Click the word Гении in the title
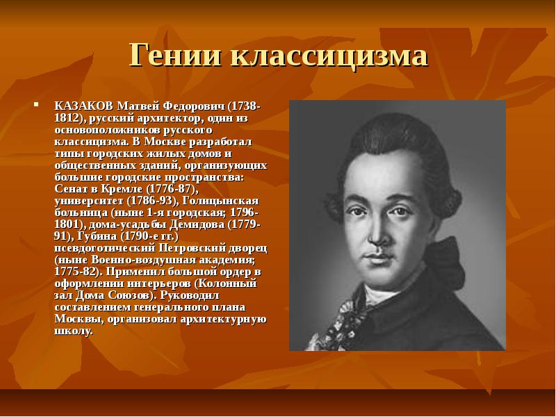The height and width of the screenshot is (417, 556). click(x=175, y=55)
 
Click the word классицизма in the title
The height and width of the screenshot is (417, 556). click(x=329, y=56)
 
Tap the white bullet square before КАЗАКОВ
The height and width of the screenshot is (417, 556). click(x=36, y=104)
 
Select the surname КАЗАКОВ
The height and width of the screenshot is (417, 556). click(x=83, y=106)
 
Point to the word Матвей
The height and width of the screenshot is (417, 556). click(x=138, y=106)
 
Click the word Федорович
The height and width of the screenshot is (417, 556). click(x=195, y=106)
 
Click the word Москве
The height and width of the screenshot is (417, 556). click(x=165, y=142)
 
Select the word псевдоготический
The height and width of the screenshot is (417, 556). click(x=105, y=248)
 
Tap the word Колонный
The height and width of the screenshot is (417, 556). click(x=227, y=284)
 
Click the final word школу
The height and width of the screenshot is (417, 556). click(x=74, y=332)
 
